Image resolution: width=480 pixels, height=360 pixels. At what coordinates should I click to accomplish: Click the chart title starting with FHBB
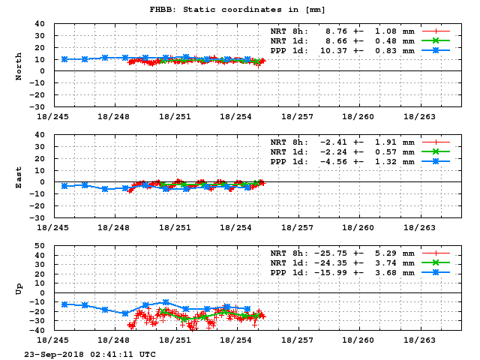coord(238,9)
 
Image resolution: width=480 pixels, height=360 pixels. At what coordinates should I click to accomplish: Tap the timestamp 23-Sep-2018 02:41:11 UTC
coord(90,353)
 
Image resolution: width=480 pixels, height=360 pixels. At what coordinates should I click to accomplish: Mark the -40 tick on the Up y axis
coord(37,330)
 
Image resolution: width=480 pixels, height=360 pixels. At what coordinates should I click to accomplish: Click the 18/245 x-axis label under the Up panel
coord(53,340)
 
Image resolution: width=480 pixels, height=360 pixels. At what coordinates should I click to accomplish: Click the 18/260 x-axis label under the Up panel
coord(361,340)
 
